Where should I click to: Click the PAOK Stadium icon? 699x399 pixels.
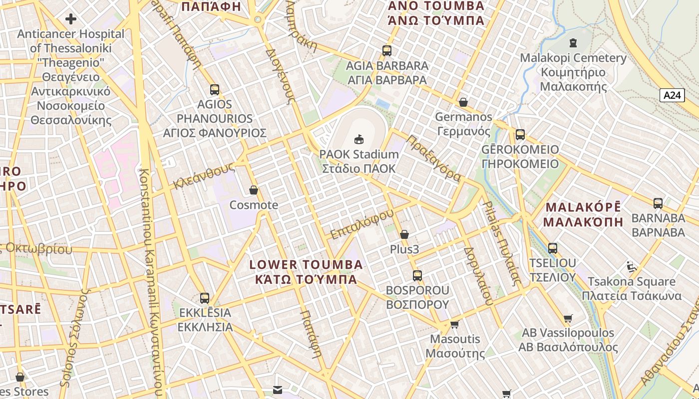pyautogui.click(x=358, y=139)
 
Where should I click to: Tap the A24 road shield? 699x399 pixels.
pyautogui.click(x=672, y=95)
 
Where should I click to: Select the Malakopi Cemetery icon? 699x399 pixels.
pyautogui.click(x=573, y=43)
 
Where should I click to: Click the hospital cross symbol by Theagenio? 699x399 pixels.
pyautogui.click(x=71, y=19)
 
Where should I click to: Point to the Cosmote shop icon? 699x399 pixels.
pyautogui.click(x=254, y=190)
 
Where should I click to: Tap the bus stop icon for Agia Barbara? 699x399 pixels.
pyautogui.click(x=386, y=50)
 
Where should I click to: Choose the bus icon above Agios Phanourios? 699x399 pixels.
pyautogui.click(x=215, y=90)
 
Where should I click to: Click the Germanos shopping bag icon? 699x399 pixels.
pyautogui.click(x=463, y=102)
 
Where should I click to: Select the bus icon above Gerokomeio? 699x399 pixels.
pyautogui.click(x=520, y=135)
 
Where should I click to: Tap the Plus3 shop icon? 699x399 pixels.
pyautogui.click(x=404, y=234)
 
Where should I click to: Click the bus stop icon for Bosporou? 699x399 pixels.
pyautogui.click(x=417, y=275)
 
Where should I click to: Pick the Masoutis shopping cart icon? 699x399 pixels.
pyautogui.click(x=454, y=325)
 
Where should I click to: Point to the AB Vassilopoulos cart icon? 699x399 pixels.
pyautogui.click(x=568, y=318)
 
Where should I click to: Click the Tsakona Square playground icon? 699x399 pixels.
pyautogui.click(x=632, y=267)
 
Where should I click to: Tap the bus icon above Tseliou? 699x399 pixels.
pyautogui.click(x=553, y=248)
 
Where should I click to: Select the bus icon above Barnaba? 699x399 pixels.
pyautogui.click(x=658, y=203)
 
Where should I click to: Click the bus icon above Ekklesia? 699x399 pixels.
pyautogui.click(x=205, y=298)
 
